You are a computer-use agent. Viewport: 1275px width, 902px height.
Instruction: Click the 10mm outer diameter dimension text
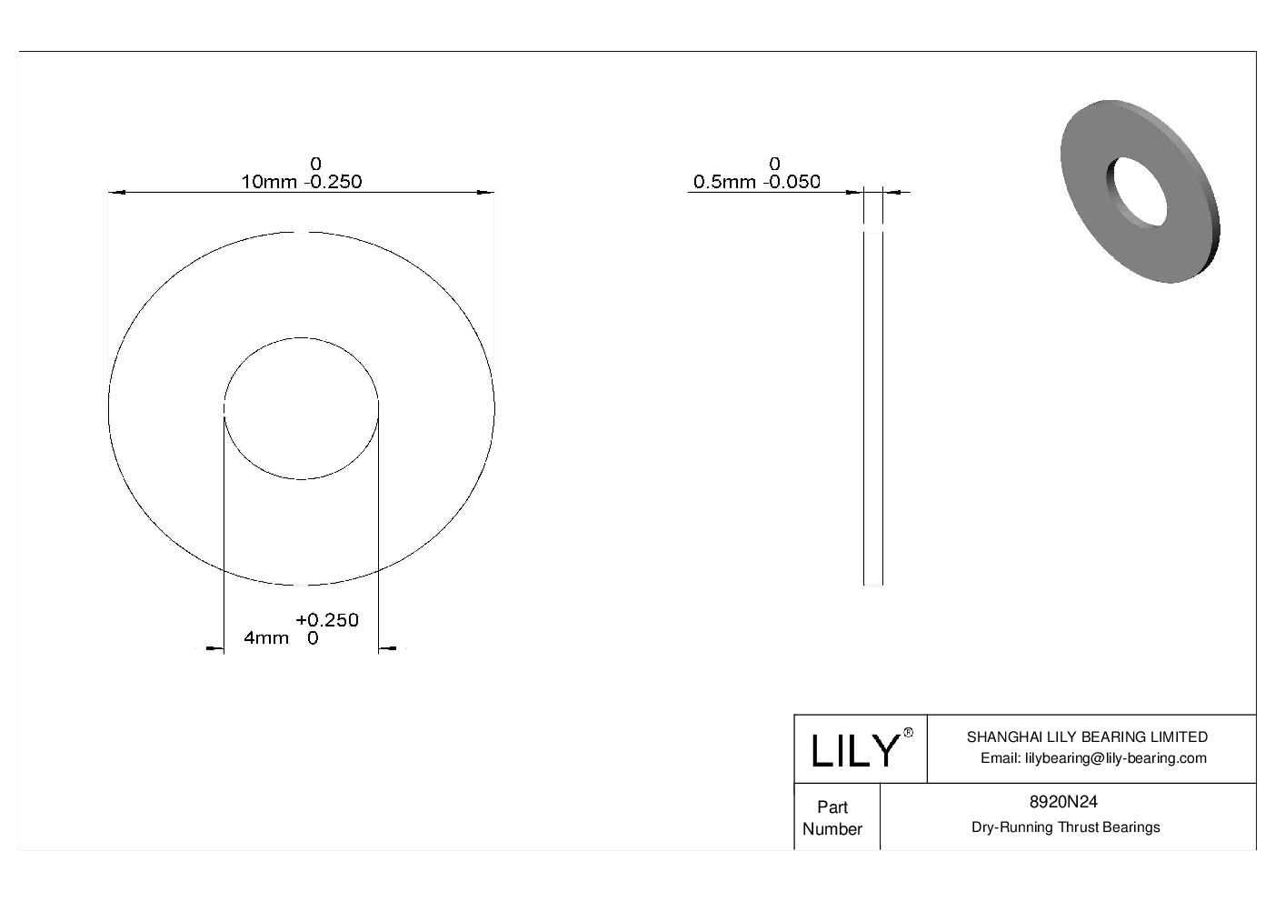(x=268, y=182)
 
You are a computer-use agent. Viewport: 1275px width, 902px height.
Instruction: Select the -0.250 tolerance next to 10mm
(x=333, y=182)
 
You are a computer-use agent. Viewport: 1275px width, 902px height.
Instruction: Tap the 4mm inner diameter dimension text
(x=266, y=638)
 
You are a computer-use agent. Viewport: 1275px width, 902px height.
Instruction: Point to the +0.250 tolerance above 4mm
(x=327, y=620)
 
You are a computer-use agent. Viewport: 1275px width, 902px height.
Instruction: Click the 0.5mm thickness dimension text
(x=724, y=182)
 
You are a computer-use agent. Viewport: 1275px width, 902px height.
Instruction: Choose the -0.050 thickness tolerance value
(x=792, y=182)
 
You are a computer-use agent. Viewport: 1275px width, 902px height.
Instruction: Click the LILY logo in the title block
(x=854, y=751)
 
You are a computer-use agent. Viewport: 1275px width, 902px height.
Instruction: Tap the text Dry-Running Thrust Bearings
(x=1065, y=827)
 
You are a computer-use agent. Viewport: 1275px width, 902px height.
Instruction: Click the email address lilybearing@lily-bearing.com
(x=1093, y=758)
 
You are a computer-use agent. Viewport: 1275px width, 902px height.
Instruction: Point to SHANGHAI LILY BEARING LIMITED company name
(x=1087, y=737)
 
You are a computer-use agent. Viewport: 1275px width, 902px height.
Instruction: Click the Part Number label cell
(x=832, y=817)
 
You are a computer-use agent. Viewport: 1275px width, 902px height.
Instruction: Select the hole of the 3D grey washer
(x=1136, y=192)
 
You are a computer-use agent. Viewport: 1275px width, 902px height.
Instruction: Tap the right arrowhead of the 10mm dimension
(x=487, y=192)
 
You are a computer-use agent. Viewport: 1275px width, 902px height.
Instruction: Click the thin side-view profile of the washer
(x=872, y=409)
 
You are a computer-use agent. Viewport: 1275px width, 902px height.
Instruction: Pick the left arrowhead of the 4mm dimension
(x=216, y=648)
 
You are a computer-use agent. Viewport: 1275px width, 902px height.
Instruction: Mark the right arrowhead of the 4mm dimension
(x=385, y=648)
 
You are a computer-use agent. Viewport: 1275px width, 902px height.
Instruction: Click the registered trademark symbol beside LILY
(x=908, y=733)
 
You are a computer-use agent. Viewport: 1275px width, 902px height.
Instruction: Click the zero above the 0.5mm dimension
(x=774, y=164)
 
